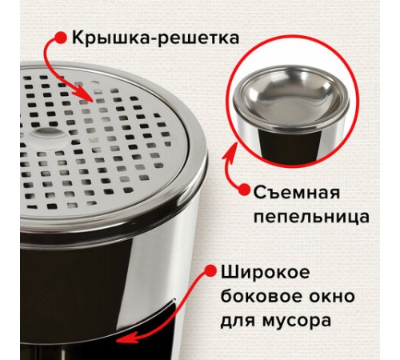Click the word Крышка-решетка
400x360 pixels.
pyautogui.click(x=156, y=38)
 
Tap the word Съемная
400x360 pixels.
pyautogui.click(x=297, y=192)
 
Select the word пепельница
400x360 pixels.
pyautogui.click(x=311, y=218)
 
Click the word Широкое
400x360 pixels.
pyautogui.click(x=265, y=273)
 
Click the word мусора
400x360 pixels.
pyautogui.click(x=297, y=321)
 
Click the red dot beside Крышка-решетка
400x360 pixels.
pyautogui.click(x=61, y=38)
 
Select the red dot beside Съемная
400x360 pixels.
pyautogui.click(x=244, y=190)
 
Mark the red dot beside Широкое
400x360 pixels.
pyautogui.click(x=210, y=271)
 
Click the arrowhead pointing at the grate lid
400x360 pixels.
pyautogui.click(x=86, y=95)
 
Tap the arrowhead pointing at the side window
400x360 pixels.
pyautogui.click(x=125, y=337)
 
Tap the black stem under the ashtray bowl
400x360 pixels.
pyautogui.click(x=290, y=146)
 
